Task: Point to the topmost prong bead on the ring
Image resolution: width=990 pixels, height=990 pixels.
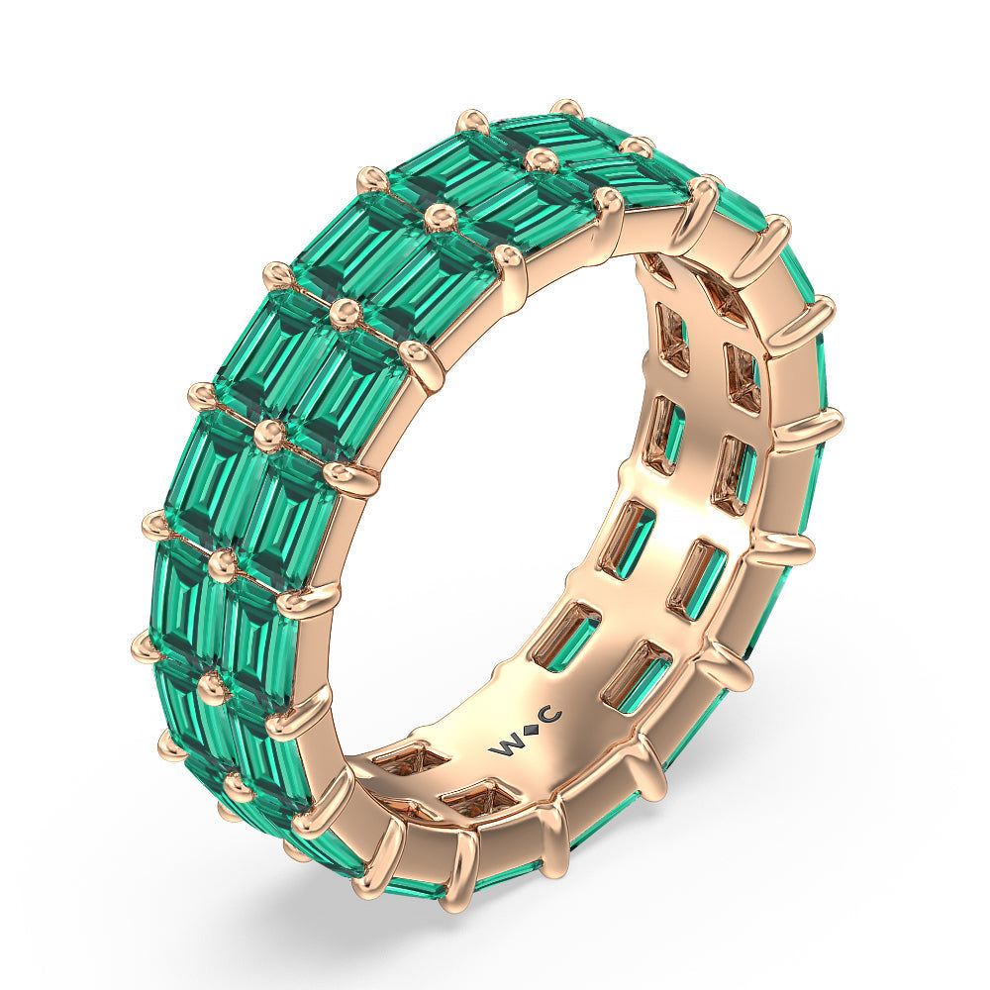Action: coord(566,106)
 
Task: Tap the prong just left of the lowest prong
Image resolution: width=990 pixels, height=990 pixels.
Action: coord(381,851)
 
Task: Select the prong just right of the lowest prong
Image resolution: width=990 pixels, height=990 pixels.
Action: coord(554,837)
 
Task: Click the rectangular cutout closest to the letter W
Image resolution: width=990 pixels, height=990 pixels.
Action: coord(567,634)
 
